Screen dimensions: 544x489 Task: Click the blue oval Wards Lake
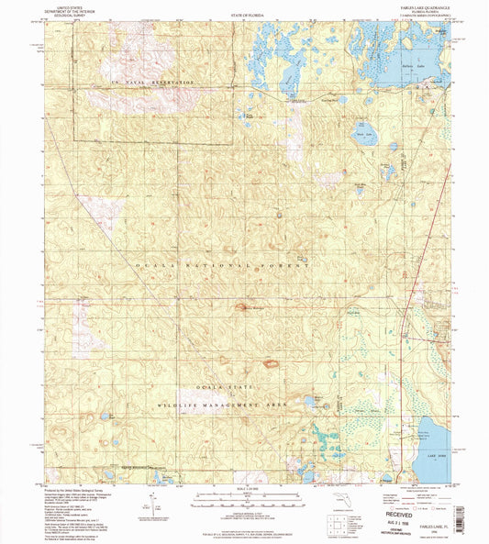(x=360, y=129)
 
